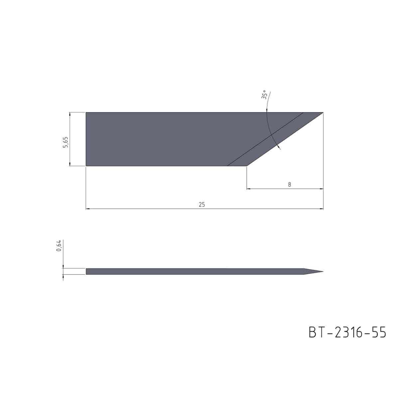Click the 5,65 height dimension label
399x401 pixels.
point(65,142)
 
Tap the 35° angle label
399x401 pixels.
point(263,95)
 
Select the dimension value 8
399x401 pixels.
point(289,185)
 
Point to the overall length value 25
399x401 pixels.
point(202,205)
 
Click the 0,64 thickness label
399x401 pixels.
point(59,246)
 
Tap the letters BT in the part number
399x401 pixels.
point(317,332)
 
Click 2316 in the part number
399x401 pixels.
point(347,332)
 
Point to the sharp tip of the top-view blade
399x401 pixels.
point(323,112)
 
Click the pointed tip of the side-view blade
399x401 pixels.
point(323,271)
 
